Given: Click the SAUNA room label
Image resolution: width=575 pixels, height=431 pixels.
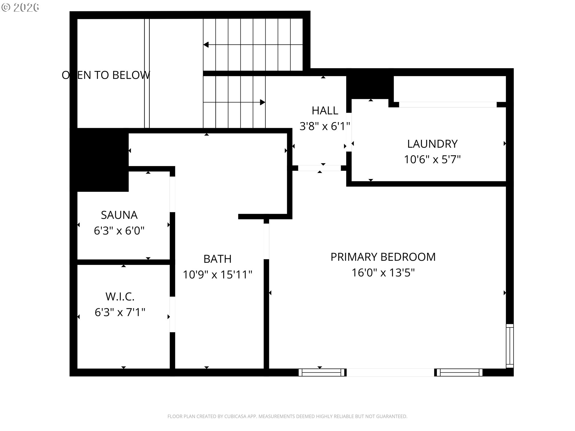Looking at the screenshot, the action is coord(119,215).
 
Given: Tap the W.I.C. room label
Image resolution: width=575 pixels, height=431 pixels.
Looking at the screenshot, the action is coord(120,297).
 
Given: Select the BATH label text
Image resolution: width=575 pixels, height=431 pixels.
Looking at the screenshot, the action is coord(217,259).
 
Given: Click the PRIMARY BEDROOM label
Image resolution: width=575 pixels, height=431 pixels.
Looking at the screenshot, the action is coord(383,257).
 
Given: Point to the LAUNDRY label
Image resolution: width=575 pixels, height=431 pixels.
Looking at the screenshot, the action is coord(432,144).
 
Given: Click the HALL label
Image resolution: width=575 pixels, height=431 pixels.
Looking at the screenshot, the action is coord(325,110).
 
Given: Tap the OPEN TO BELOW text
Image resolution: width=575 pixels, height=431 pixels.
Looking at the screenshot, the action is coord(106,75).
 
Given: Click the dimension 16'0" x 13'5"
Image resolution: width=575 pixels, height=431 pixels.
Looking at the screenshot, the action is coord(383,273).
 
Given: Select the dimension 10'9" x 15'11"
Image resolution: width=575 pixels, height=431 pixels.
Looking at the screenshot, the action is coord(217,274).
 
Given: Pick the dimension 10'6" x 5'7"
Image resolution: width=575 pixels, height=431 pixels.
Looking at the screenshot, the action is coord(432,160).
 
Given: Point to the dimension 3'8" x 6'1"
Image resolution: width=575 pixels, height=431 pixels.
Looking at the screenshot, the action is coord(325,126).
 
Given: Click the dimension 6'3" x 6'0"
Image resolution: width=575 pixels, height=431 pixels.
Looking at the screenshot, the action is coord(119,231).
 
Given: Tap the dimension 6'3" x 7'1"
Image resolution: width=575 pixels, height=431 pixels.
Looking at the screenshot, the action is coord(120,312).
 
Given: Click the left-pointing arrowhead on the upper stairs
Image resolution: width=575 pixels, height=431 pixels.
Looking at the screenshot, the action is coord(206,45).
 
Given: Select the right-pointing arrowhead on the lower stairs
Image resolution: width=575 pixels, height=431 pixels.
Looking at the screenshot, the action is coord(263,102).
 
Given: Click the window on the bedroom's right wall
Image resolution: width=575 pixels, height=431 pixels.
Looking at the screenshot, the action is coord(510,346).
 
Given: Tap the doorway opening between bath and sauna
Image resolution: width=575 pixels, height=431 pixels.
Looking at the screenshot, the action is coord(172,195).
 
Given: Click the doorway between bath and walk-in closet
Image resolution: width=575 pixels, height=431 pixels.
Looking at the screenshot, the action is coord(172,314).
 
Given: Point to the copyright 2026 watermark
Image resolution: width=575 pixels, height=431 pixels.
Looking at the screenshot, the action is coord(20,7).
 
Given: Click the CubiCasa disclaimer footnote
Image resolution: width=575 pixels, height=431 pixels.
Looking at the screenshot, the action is coord(287,416).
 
